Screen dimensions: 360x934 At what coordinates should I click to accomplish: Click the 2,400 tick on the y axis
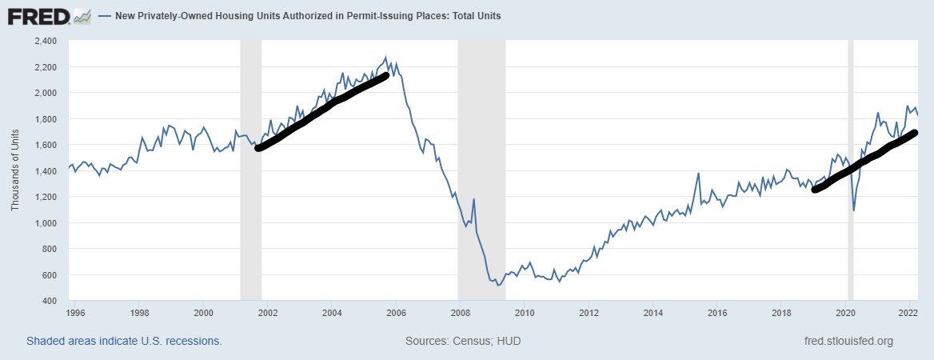click(x=45, y=41)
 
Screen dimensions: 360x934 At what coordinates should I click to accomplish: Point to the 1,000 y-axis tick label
click(x=45, y=223)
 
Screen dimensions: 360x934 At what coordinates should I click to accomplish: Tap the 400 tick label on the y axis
click(x=49, y=301)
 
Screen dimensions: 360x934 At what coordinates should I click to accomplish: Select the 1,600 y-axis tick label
click(x=45, y=145)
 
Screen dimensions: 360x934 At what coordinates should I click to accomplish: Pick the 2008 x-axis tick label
click(x=460, y=314)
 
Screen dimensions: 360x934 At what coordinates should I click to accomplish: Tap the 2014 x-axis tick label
click(x=653, y=314)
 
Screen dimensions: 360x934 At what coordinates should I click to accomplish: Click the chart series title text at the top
click(x=309, y=16)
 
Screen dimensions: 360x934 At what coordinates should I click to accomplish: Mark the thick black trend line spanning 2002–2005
click(x=320, y=113)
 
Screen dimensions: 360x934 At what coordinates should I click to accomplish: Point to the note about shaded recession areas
click(x=124, y=341)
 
